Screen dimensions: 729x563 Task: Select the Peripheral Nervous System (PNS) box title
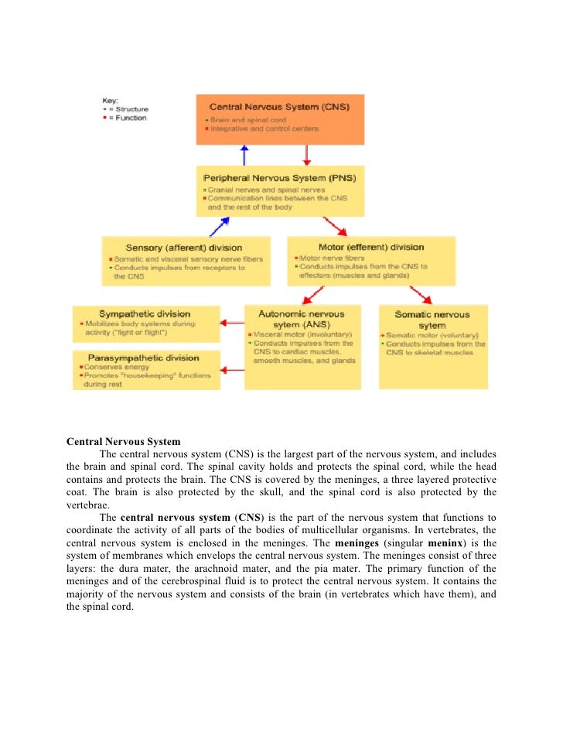click(279, 177)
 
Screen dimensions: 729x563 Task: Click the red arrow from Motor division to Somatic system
click(420, 294)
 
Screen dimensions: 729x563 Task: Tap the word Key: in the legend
click(111, 101)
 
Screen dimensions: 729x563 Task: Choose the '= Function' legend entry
click(127, 118)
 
